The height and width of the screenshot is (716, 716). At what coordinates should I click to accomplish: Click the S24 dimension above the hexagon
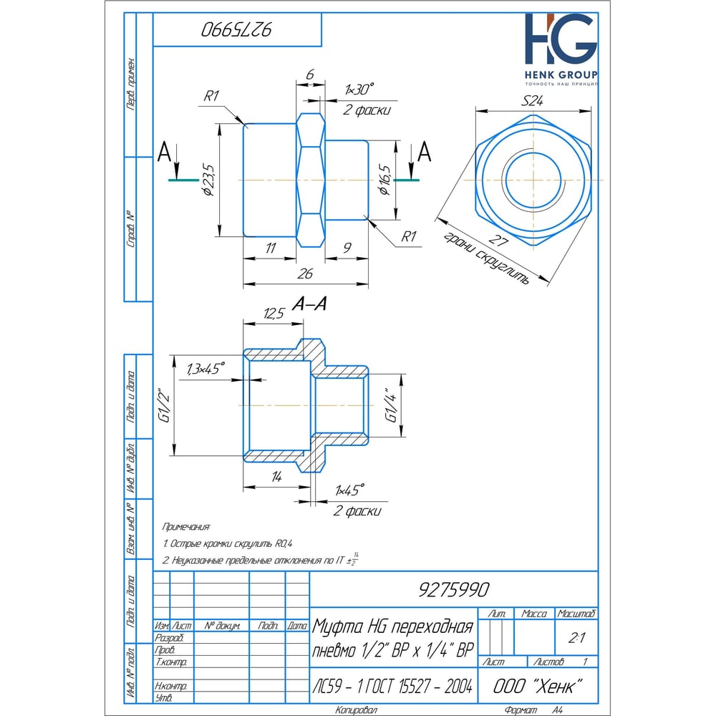click(x=532, y=102)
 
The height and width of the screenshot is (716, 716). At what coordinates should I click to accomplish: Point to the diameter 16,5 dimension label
click(x=387, y=180)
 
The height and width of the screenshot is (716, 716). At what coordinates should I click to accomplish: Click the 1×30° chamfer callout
click(x=359, y=89)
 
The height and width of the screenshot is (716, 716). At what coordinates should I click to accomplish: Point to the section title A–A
click(x=310, y=305)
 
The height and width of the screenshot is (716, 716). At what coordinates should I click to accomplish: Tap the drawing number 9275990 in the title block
click(x=453, y=589)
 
